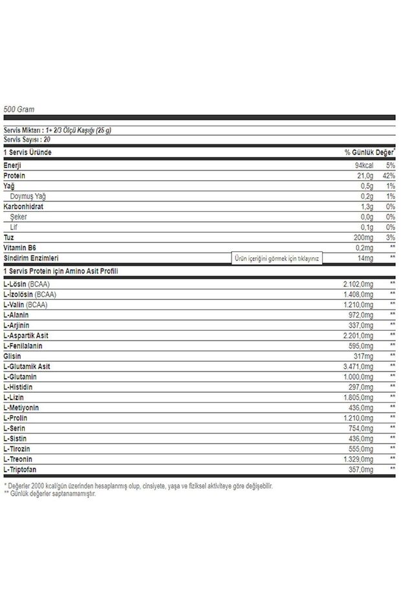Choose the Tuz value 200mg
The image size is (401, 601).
pos(361,238)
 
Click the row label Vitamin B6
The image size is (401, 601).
pos(19,248)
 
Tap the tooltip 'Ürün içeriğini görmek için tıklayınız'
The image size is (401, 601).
pos(277,257)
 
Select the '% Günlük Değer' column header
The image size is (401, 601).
pos(369,153)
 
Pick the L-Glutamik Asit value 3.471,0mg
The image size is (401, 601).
pos(358,366)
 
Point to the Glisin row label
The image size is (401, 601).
pos(12,356)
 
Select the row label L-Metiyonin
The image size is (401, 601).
pos(21,407)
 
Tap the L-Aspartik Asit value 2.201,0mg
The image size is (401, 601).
pos(358,335)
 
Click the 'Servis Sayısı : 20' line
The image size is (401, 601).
pos(27,139)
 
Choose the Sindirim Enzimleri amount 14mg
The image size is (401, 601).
pos(364,258)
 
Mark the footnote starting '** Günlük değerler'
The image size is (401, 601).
pos(50,493)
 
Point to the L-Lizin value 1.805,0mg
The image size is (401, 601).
pos(358,397)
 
